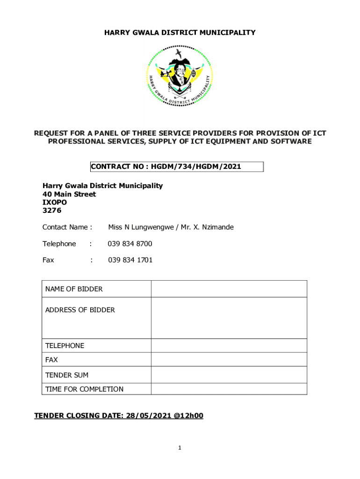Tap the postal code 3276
[52, 211]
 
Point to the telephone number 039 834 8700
[130, 244]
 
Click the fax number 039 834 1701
[130, 260]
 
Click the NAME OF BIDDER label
[74, 289]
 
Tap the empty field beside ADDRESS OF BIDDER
[229, 318]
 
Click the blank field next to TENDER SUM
[229, 375]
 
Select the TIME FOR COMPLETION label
[84, 389]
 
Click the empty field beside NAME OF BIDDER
[229, 289]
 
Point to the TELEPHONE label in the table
[65, 346]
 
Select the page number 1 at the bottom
[180, 448]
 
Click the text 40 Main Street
[69, 194]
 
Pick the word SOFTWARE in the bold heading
[289, 141]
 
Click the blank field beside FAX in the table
[229, 360]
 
